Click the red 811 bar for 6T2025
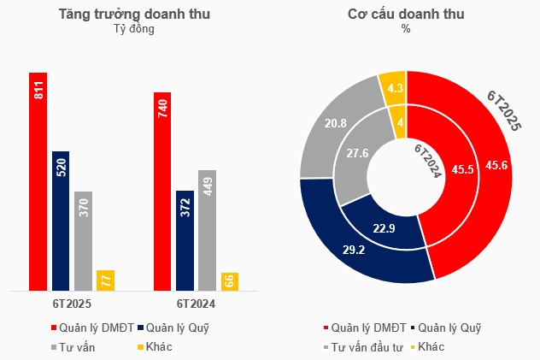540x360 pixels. click(38, 181)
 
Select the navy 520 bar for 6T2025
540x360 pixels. click(60, 221)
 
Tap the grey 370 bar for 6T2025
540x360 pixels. click(83, 240)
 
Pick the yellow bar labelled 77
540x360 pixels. click(105, 280)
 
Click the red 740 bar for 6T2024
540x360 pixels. click(162, 191)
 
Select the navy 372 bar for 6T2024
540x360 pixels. click(185, 240)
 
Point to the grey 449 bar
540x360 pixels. click(208, 230)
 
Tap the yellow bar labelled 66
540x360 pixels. click(230, 281)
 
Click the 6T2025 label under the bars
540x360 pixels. click(71, 303)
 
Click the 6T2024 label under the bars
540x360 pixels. click(196, 303)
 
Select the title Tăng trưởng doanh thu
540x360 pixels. click(134, 15)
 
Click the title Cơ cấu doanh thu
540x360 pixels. click(406, 15)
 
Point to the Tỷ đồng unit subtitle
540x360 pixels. click(134, 29)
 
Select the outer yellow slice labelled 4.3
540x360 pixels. click(395, 88)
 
